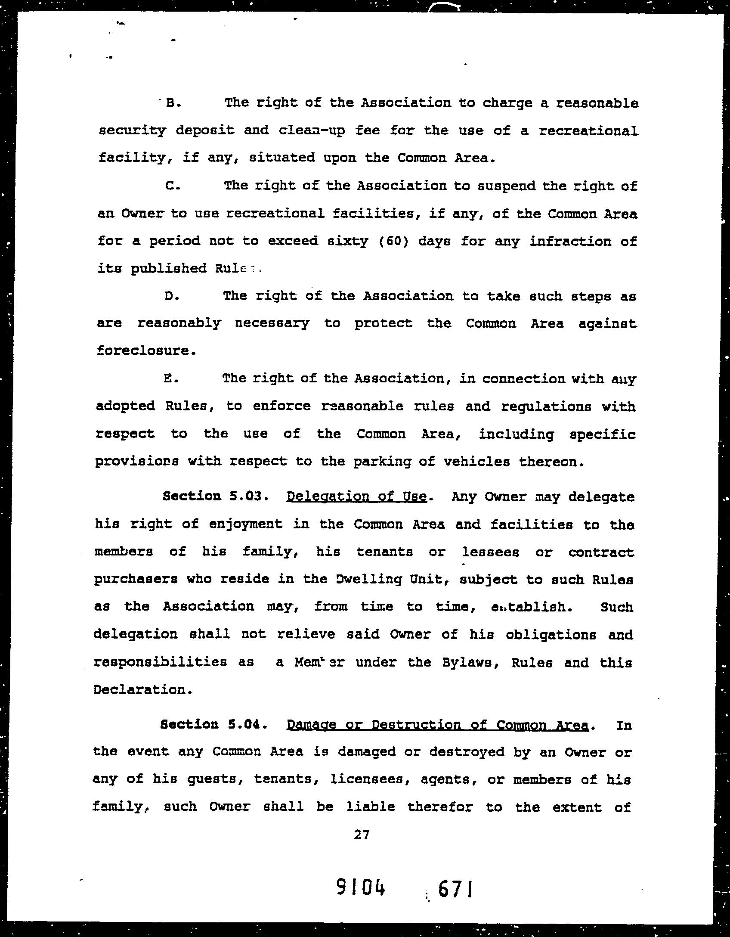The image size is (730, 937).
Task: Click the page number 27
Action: (x=362, y=835)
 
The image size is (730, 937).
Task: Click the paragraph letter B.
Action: (x=171, y=103)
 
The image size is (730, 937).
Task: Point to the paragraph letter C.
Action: (x=170, y=186)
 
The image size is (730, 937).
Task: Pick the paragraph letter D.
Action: (x=170, y=296)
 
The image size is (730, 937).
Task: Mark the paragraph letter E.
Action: (x=170, y=379)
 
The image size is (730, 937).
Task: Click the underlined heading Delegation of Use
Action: (x=356, y=496)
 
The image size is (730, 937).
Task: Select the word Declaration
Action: (x=140, y=690)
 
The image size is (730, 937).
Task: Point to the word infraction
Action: (x=570, y=241)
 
